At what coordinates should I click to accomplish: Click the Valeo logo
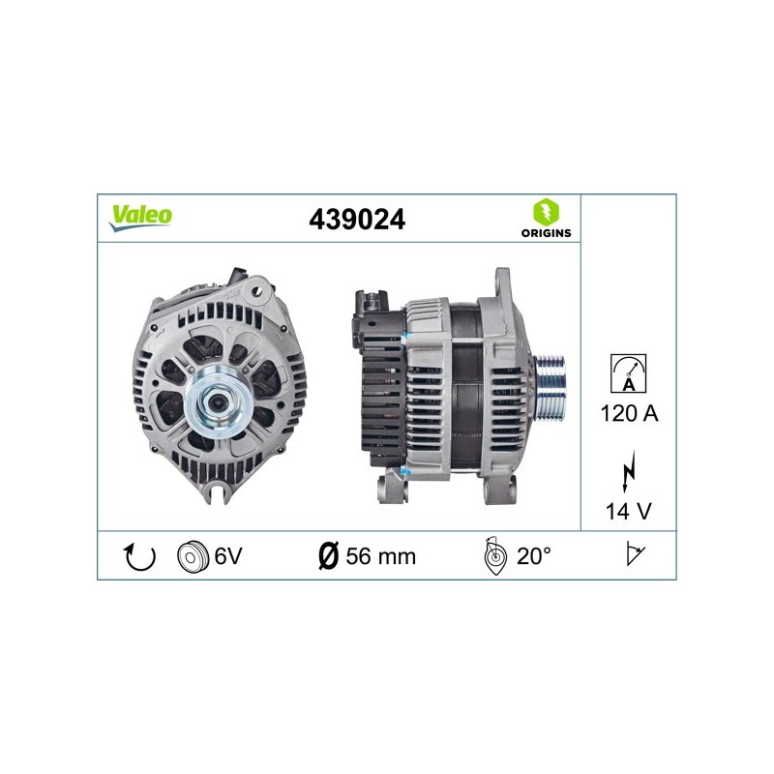click(140, 217)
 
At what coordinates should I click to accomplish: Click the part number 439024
click(357, 220)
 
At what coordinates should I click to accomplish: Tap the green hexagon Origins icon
click(546, 212)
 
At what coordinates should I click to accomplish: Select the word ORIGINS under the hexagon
click(546, 233)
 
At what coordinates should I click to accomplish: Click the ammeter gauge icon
click(628, 373)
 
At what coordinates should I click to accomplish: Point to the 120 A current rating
click(629, 413)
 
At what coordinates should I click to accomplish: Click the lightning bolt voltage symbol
click(628, 471)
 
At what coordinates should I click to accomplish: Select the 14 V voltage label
click(628, 511)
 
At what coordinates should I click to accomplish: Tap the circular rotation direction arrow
click(139, 556)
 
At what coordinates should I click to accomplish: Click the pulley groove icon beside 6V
click(193, 556)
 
